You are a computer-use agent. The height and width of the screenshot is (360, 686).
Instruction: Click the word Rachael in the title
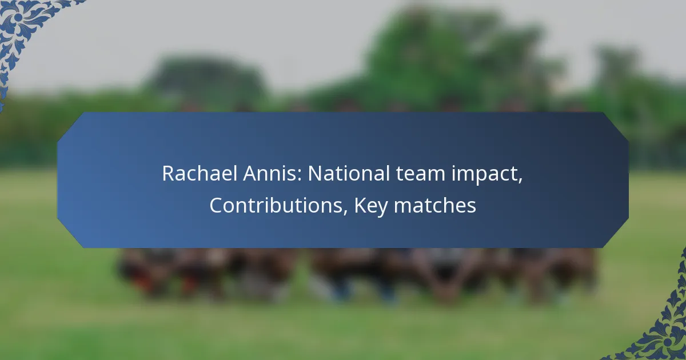point(200,173)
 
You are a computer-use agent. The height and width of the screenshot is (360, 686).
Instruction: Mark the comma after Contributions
point(345,212)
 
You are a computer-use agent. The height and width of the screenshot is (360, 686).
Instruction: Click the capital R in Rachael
point(168,174)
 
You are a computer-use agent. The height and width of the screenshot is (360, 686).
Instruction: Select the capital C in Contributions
point(216,205)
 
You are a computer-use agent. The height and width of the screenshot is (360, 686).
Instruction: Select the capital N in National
point(315,174)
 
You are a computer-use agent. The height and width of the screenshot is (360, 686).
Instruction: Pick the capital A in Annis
point(250,174)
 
